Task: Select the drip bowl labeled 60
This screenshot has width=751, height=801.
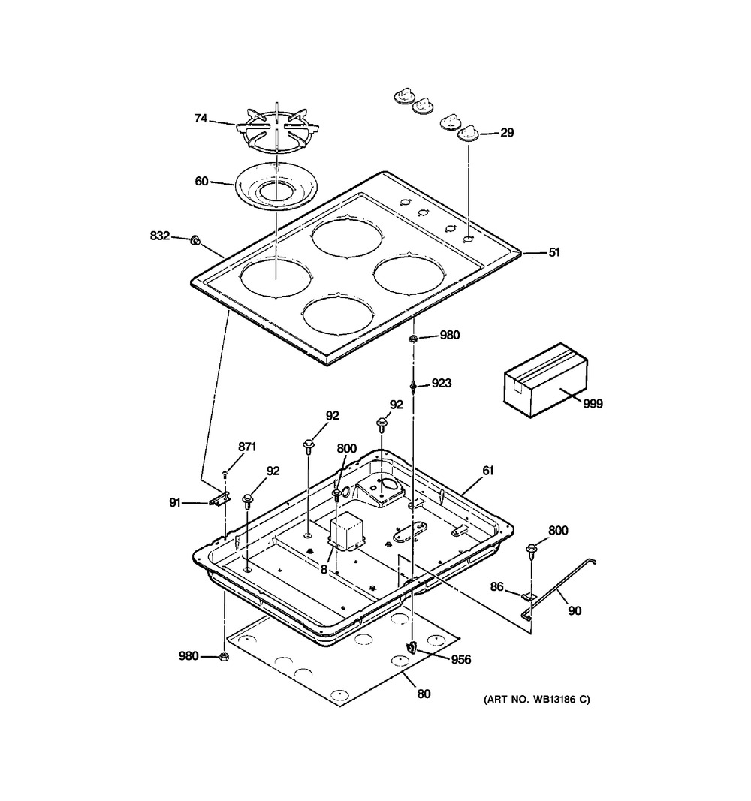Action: point(276,187)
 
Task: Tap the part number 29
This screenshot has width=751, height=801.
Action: point(507,133)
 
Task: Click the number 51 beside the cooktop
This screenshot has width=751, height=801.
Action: point(554,252)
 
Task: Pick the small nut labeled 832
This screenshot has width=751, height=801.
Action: point(195,240)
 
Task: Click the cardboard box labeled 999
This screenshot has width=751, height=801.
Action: point(545,380)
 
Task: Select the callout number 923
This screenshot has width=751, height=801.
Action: point(442,383)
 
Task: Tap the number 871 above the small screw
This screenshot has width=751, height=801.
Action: point(247,447)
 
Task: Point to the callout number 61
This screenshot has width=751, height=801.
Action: point(488,470)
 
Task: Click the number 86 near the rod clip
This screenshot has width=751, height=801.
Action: point(497,587)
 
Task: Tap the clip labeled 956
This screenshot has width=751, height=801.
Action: point(412,648)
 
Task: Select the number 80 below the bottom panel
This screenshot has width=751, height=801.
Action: point(424,694)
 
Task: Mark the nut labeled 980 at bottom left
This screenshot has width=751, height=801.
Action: point(223,656)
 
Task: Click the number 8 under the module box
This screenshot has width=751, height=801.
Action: point(324,569)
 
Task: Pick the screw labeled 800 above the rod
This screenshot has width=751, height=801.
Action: point(531,550)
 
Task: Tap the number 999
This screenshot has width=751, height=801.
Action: point(593,404)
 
